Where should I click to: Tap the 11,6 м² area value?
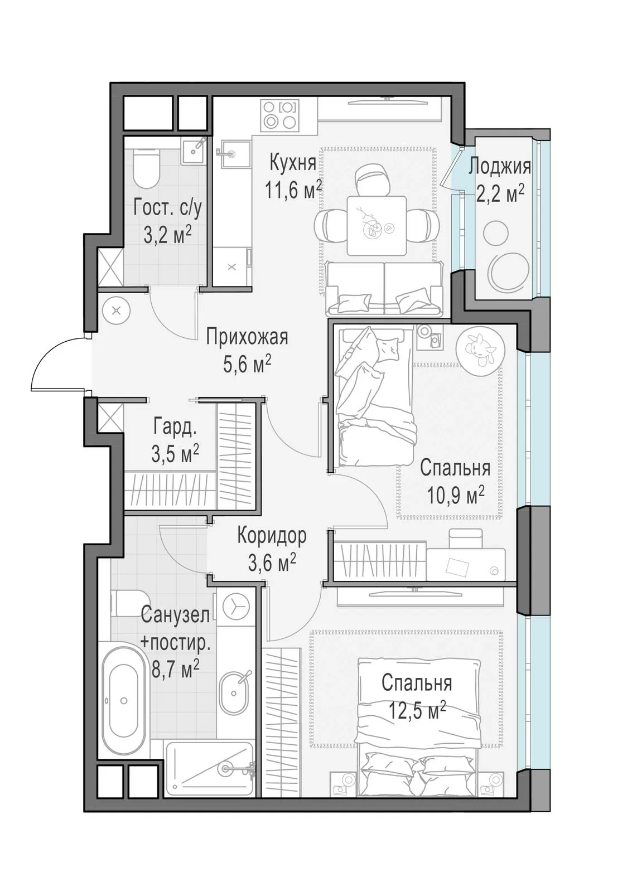pyautogui.click(x=293, y=190)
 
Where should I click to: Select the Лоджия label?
pyautogui.click(x=499, y=167)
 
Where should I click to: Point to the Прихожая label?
pyautogui.click(x=247, y=338)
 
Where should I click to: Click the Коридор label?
pyautogui.click(x=272, y=536)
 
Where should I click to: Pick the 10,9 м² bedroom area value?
pyautogui.click(x=456, y=496)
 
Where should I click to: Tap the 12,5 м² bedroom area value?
pyautogui.click(x=417, y=710)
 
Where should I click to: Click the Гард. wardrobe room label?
pyautogui.click(x=175, y=428)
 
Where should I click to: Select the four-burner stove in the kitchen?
pyautogui.click(x=279, y=115)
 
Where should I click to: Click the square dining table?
pyautogui.click(x=377, y=226)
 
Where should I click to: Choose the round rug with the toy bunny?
pyautogui.click(x=480, y=351)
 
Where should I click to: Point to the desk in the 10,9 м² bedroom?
pyautogui.click(x=465, y=564)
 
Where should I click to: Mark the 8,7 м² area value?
pyautogui.click(x=175, y=670)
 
